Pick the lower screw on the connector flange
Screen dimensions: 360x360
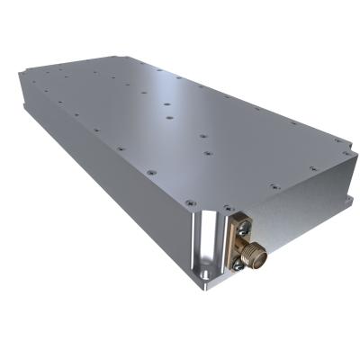coord(238,263)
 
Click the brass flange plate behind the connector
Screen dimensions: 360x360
coord(238,244)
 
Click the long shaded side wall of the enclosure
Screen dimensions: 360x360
coord(99,180)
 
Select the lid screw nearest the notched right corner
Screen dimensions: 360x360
coord(311,166)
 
